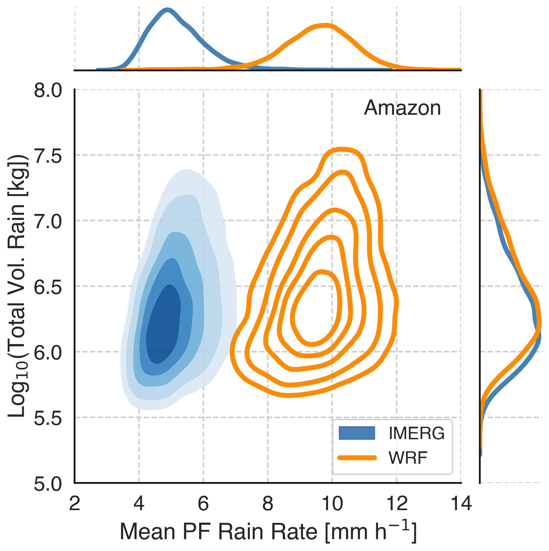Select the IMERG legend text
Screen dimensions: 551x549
coord(416,433)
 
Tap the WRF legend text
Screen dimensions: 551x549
coord(408,458)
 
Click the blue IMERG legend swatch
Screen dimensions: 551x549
coord(356,433)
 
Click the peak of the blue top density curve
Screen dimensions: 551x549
coord(167,10)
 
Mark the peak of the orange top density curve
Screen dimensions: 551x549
coord(325,25)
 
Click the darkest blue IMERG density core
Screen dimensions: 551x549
coord(163,325)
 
